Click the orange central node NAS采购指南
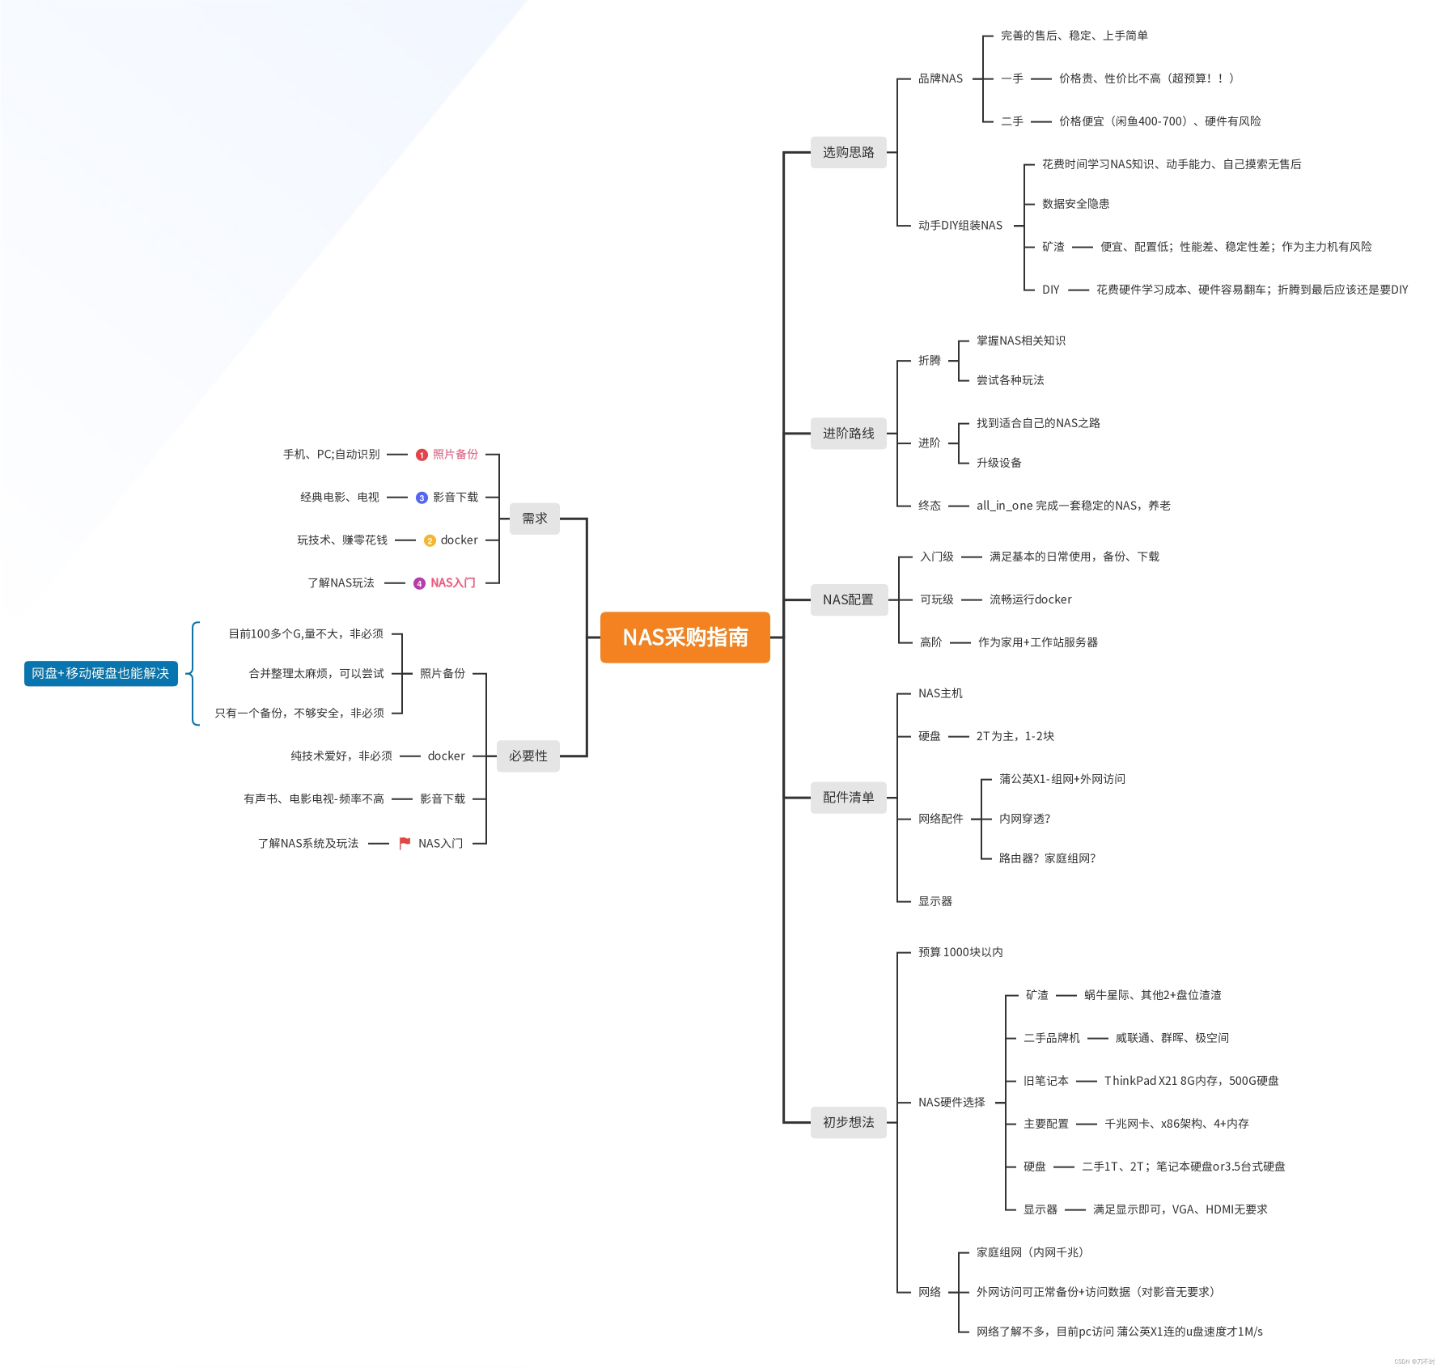pyautogui.click(x=684, y=637)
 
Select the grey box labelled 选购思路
pyautogui.click(x=848, y=152)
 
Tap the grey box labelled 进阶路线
pyautogui.click(x=848, y=434)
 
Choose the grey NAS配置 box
pyautogui.click(x=848, y=599)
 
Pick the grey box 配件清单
pyautogui.click(x=848, y=798)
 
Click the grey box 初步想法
pyautogui.click(x=848, y=1122)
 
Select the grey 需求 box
pyautogui.click(x=534, y=519)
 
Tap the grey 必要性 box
pyautogui.click(x=528, y=756)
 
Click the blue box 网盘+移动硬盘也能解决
pyautogui.click(x=100, y=673)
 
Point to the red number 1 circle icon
pyautogui.click(x=422, y=455)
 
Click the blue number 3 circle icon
pyautogui.click(x=422, y=498)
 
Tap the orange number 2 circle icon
pyautogui.click(x=430, y=540)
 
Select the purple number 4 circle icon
pyautogui.click(x=419, y=583)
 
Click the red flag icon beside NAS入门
pyautogui.click(x=405, y=843)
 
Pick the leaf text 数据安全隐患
pyautogui.click(x=1075, y=204)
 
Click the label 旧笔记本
pyautogui.click(x=1045, y=1081)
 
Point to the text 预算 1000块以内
pyautogui.click(x=960, y=952)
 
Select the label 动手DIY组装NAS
pyautogui.click(x=960, y=226)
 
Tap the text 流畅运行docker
pyautogui.click(x=1030, y=599)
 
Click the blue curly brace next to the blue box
pyautogui.click(x=192, y=673)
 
